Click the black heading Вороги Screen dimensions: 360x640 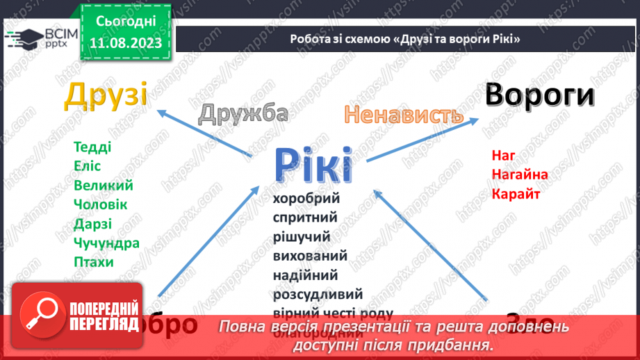coord(539,95)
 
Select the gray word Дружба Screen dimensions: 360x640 coord(243,113)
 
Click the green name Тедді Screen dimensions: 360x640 coord(92,147)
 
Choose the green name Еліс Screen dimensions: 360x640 coord(88,166)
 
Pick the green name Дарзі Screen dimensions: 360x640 coord(92,224)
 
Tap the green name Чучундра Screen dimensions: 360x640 coord(106,243)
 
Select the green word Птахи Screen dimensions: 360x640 coord(93,262)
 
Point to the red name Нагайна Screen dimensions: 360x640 coord(519,174)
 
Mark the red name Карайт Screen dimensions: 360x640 coord(516,193)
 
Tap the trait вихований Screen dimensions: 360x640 coord(310,256)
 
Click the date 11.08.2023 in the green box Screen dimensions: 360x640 coord(124,43)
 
